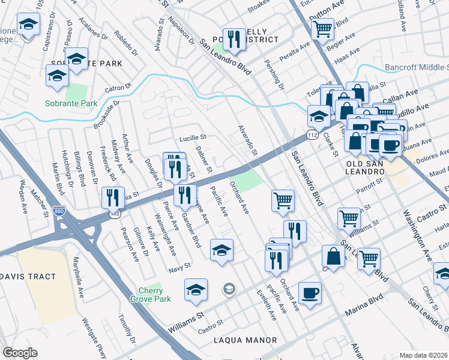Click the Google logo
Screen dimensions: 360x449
20,353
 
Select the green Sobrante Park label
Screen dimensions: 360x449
71,103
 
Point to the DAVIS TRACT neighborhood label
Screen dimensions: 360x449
33,277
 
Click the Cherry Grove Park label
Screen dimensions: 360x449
151,294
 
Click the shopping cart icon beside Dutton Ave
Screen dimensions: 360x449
323,28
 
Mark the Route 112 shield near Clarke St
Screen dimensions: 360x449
311,136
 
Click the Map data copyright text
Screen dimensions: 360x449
424,355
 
